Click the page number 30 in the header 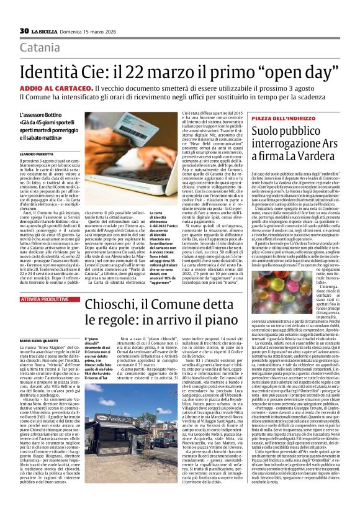(24, 30)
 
